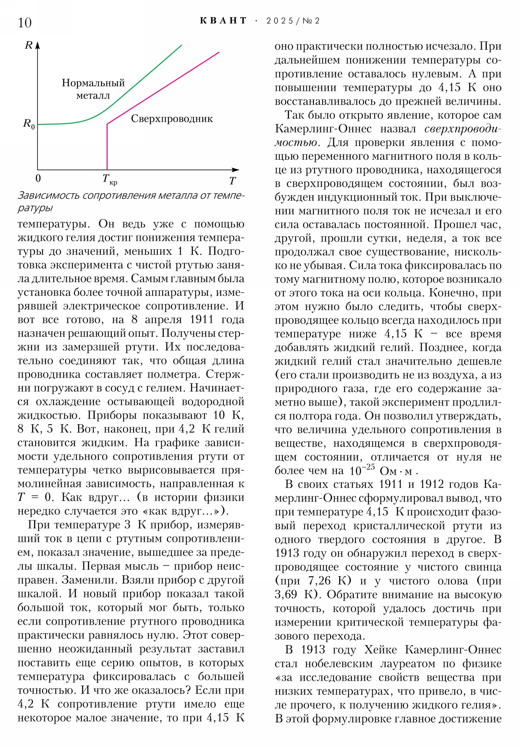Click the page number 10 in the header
(x=25, y=23)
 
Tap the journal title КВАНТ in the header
(x=223, y=21)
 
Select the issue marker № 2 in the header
(x=311, y=21)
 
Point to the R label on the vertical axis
(x=29, y=45)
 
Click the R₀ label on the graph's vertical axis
(x=28, y=124)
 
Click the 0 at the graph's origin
(x=38, y=178)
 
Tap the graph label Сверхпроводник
(x=172, y=119)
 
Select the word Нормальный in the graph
(x=93, y=83)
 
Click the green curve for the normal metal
(x=147, y=75)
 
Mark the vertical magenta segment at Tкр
(x=107, y=146)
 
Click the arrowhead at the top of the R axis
(x=38, y=45)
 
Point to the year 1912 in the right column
(x=432, y=485)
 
